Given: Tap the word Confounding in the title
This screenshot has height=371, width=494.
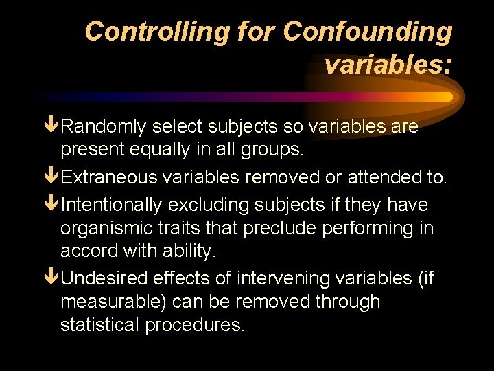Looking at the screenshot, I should (x=367, y=32).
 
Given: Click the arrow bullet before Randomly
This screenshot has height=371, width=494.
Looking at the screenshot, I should (x=51, y=126).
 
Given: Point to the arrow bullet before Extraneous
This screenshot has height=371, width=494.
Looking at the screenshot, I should (x=51, y=177).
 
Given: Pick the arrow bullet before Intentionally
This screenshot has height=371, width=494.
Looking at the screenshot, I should (x=51, y=205).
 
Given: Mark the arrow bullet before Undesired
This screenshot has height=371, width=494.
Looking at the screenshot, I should (x=51, y=278).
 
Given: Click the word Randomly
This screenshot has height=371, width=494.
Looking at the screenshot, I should (x=104, y=127).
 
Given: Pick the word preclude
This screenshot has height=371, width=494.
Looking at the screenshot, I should (x=287, y=228).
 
